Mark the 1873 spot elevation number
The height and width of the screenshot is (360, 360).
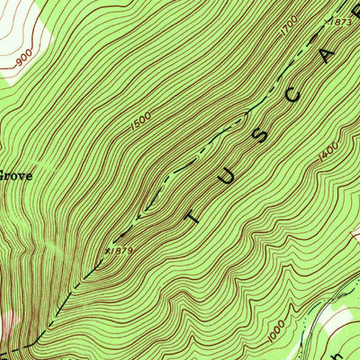pyautogui.click(x=341, y=21)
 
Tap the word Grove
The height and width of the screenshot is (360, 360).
pyautogui.click(x=15, y=176)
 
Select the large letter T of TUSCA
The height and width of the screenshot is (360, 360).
pyautogui.click(x=196, y=214)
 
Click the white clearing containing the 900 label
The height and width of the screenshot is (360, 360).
pyautogui.click(x=18, y=36)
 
